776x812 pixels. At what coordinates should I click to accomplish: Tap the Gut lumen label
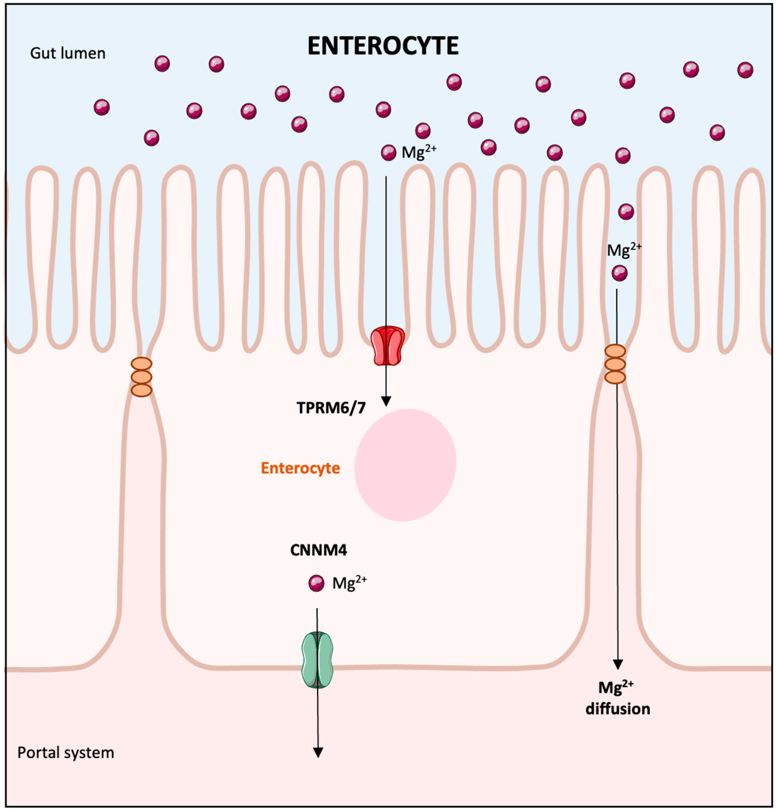pyautogui.click(x=68, y=53)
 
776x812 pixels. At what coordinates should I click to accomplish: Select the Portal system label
pyautogui.click(x=66, y=752)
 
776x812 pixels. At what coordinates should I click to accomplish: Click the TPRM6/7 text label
pyautogui.click(x=331, y=408)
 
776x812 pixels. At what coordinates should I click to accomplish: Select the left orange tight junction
pyautogui.click(x=142, y=377)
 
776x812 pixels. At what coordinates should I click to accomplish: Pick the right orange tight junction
pyautogui.click(x=615, y=364)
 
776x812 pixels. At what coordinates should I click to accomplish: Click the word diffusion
pyautogui.click(x=618, y=709)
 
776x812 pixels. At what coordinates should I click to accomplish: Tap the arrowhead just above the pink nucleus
pyautogui.click(x=386, y=401)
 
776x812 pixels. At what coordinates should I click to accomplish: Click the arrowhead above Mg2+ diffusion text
pyautogui.click(x=618, y=664)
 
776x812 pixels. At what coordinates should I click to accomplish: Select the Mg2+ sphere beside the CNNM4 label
pyautogui.click(x=317, y=583)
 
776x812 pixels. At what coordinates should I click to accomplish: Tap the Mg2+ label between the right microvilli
pyautogui.click(x=624, y=250)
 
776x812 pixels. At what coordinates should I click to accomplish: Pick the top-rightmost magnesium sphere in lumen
pyautogui.click(x=746, y=70)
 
